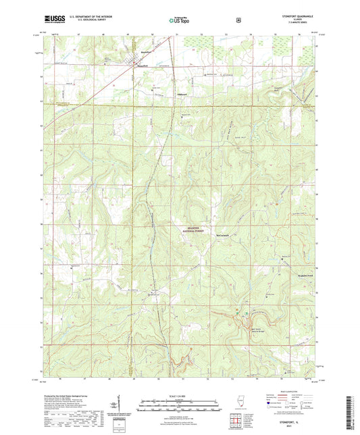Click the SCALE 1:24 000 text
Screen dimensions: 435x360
tap(180, 396)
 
